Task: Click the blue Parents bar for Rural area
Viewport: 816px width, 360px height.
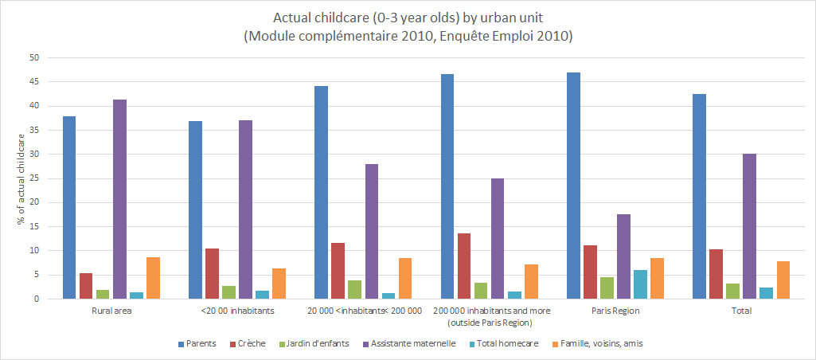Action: coord(69,207)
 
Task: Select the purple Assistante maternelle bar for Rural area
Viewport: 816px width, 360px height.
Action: coord(119,199)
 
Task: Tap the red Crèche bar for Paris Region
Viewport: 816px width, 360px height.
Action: coord(590,272)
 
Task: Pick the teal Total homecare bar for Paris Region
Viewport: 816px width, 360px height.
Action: coord(640,284)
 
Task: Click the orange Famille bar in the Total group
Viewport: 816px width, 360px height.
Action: coord(783,280)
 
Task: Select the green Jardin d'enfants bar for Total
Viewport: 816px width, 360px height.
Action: coord(732,291)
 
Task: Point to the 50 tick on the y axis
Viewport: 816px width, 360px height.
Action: coord(33,58)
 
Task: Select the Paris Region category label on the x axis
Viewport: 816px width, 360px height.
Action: coord(616,311)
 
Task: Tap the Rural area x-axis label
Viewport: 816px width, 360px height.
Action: coord(111,311)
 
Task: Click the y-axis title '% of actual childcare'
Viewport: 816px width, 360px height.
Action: coord(21,178)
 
